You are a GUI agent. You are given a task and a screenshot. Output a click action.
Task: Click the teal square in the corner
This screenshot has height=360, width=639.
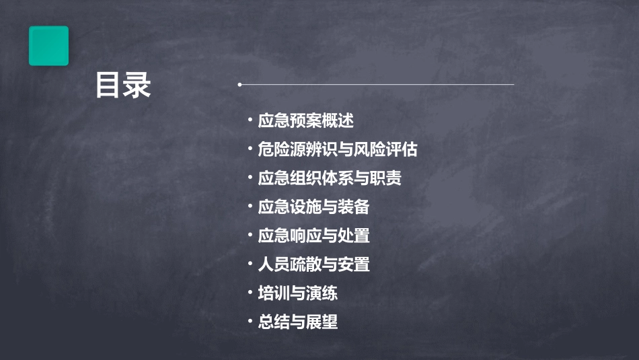48,46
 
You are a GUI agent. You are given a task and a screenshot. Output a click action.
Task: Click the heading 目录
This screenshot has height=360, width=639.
123,85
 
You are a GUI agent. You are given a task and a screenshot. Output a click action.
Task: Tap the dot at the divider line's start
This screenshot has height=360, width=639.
239,85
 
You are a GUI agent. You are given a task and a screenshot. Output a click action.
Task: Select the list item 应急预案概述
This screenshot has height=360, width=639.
306,121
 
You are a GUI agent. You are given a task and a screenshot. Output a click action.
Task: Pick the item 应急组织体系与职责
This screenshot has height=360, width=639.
330,178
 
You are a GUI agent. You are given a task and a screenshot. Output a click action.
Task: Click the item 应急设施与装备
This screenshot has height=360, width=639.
313,207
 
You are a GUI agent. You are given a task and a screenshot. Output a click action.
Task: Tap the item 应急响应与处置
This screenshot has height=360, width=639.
313,236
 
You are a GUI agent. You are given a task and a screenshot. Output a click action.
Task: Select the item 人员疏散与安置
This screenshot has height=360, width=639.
313,264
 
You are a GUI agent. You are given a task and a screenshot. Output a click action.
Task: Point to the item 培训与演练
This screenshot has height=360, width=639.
297,293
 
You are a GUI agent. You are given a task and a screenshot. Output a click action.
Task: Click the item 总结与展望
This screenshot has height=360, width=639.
297,322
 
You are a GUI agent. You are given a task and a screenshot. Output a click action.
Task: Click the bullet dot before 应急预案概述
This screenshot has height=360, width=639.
250,121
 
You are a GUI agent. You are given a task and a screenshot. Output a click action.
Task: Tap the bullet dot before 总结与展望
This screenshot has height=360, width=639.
250,322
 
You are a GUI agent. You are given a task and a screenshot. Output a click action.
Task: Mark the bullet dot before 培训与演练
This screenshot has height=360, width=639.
250,293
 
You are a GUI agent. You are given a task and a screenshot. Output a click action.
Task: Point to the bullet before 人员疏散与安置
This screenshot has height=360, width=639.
250,264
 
